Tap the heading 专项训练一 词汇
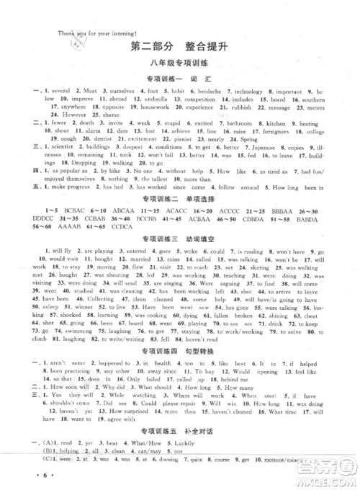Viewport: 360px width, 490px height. [179, 79]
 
